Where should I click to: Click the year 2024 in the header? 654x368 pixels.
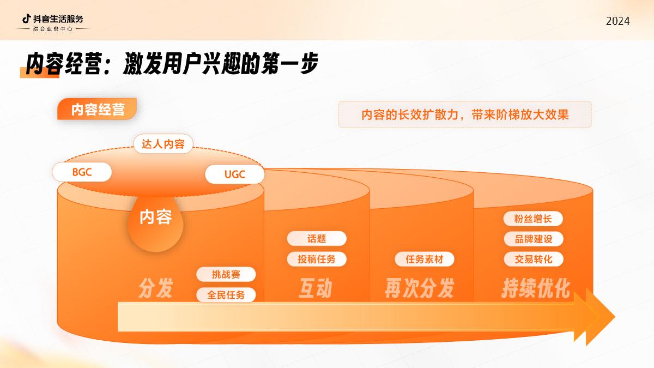tap(617, 21)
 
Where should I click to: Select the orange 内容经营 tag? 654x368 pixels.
tap(97, 110)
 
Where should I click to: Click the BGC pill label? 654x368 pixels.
tap(82, 172)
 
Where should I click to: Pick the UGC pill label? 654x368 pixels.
tap(235, 175)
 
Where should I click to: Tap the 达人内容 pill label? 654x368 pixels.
tap(163, 144)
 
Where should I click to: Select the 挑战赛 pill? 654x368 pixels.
tap(226, 274)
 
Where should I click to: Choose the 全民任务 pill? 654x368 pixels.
tap(226, 295)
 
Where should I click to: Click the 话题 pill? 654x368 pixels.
tap(317, 238)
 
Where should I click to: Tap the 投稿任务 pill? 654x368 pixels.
tap(317, 259)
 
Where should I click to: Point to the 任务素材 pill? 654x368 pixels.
tap(424, 260)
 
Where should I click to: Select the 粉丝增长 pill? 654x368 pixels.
tap(532, 219)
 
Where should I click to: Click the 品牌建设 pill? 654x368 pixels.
tap(532, 239)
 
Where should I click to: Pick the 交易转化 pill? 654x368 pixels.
tap(532, 259)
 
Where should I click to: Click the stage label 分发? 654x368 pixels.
tap(156, 288)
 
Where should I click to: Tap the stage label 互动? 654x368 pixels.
tap(314, 288)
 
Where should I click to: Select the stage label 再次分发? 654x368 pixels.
tap(419, 288)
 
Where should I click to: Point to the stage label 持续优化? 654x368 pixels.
tap(535, 288)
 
